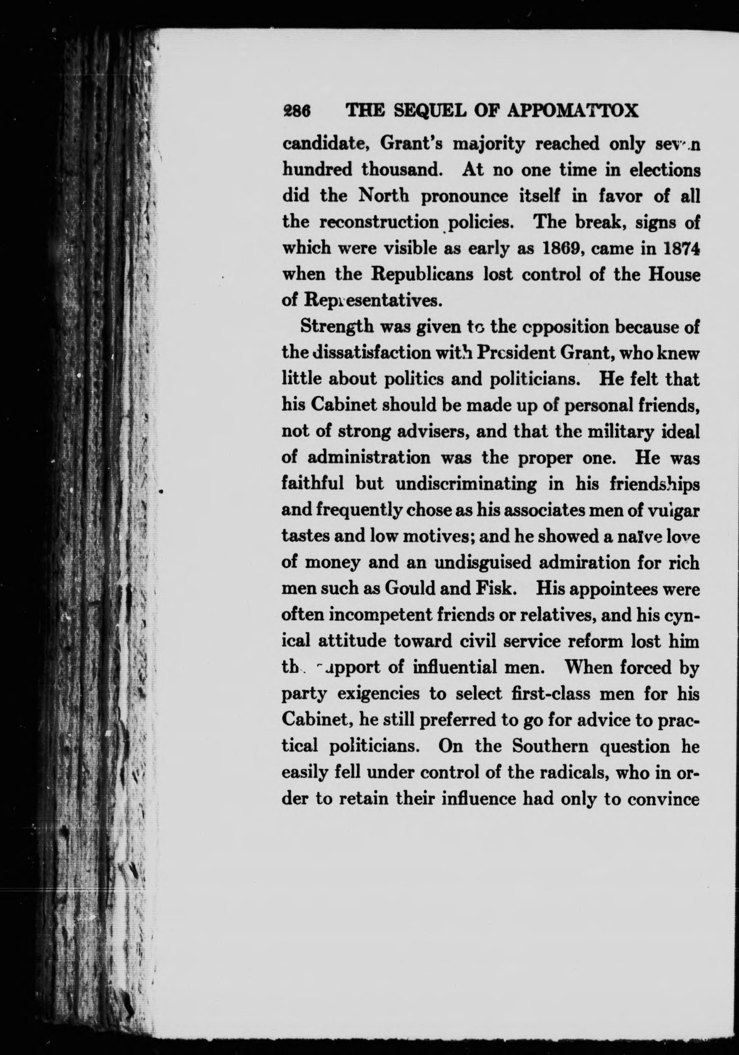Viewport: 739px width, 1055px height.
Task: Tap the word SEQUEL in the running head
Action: pyautogui.click(x=428, y=111)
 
